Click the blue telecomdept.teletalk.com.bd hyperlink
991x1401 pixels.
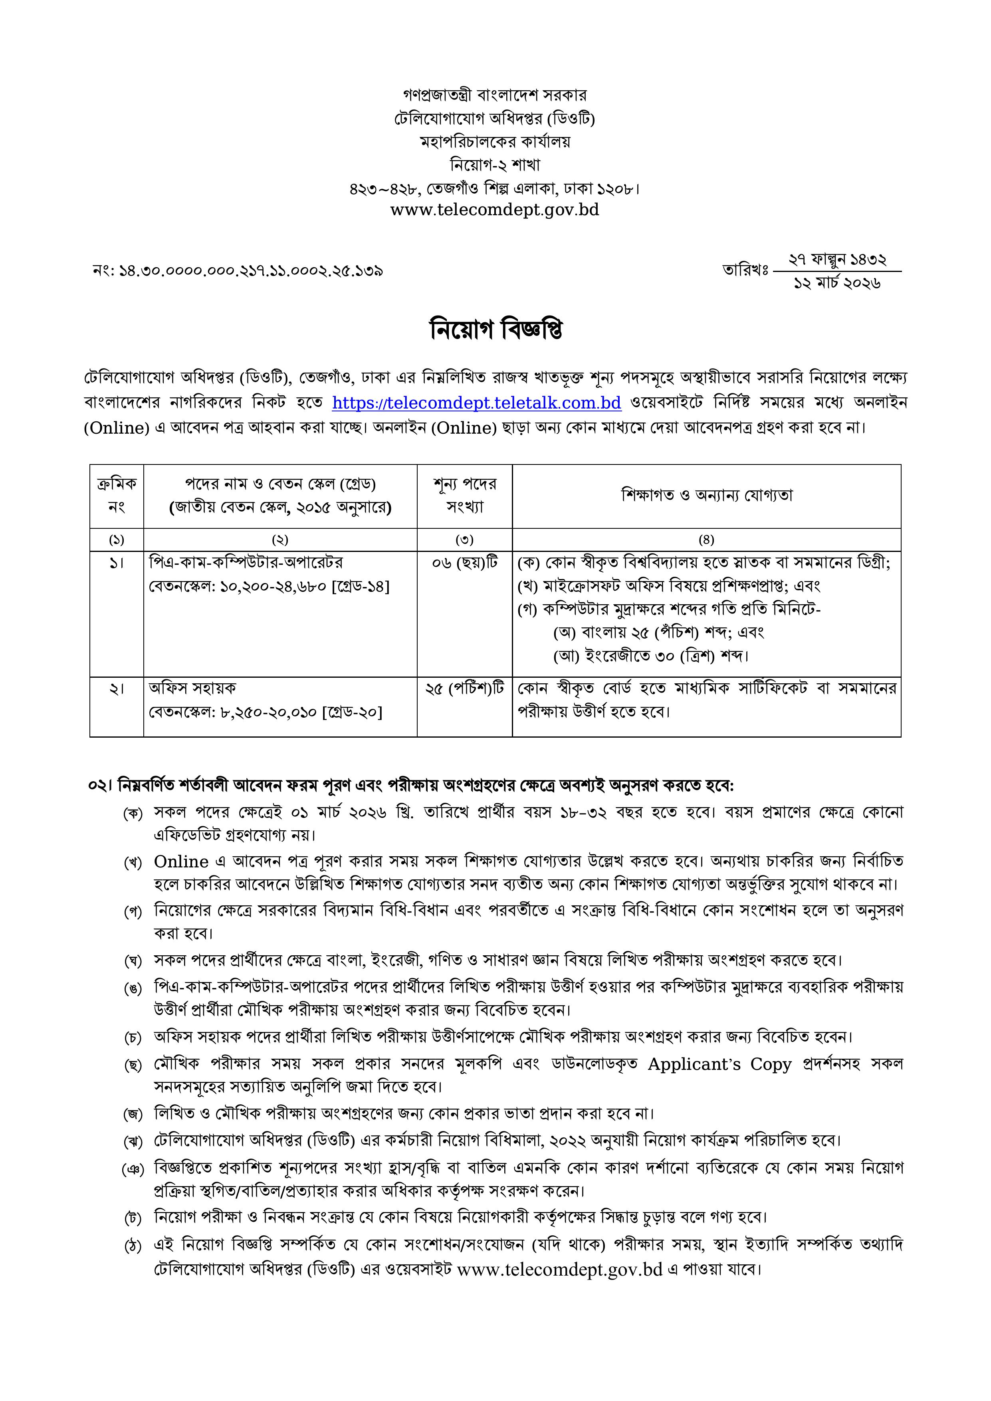477,403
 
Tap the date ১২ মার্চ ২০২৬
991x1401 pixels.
836,283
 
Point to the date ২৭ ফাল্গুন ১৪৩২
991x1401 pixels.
836,260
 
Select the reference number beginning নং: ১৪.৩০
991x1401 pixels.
238,270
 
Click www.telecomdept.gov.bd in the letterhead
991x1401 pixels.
494,210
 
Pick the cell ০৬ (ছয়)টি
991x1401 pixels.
464,563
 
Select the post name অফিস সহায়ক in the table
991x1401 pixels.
192,688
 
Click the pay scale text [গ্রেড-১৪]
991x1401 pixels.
359,586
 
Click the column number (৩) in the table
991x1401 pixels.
464,540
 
